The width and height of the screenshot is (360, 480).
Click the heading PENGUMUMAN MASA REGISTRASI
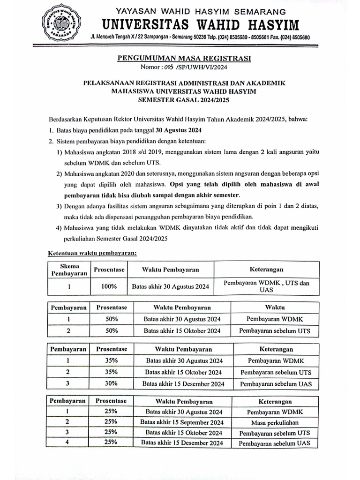point(183,59)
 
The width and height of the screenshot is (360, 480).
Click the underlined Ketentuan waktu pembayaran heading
point(92,254)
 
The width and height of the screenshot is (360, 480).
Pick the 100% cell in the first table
point(108,286)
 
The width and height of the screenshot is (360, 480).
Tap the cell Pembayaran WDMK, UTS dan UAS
point(266,286)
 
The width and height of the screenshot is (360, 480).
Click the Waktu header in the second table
point(275,307)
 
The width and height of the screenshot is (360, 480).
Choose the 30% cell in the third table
point(111,384)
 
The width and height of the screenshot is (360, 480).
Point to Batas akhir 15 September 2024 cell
point(182,422)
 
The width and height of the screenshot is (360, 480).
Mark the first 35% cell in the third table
point(111,360)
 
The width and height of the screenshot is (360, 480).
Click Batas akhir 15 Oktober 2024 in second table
point(182,331)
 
